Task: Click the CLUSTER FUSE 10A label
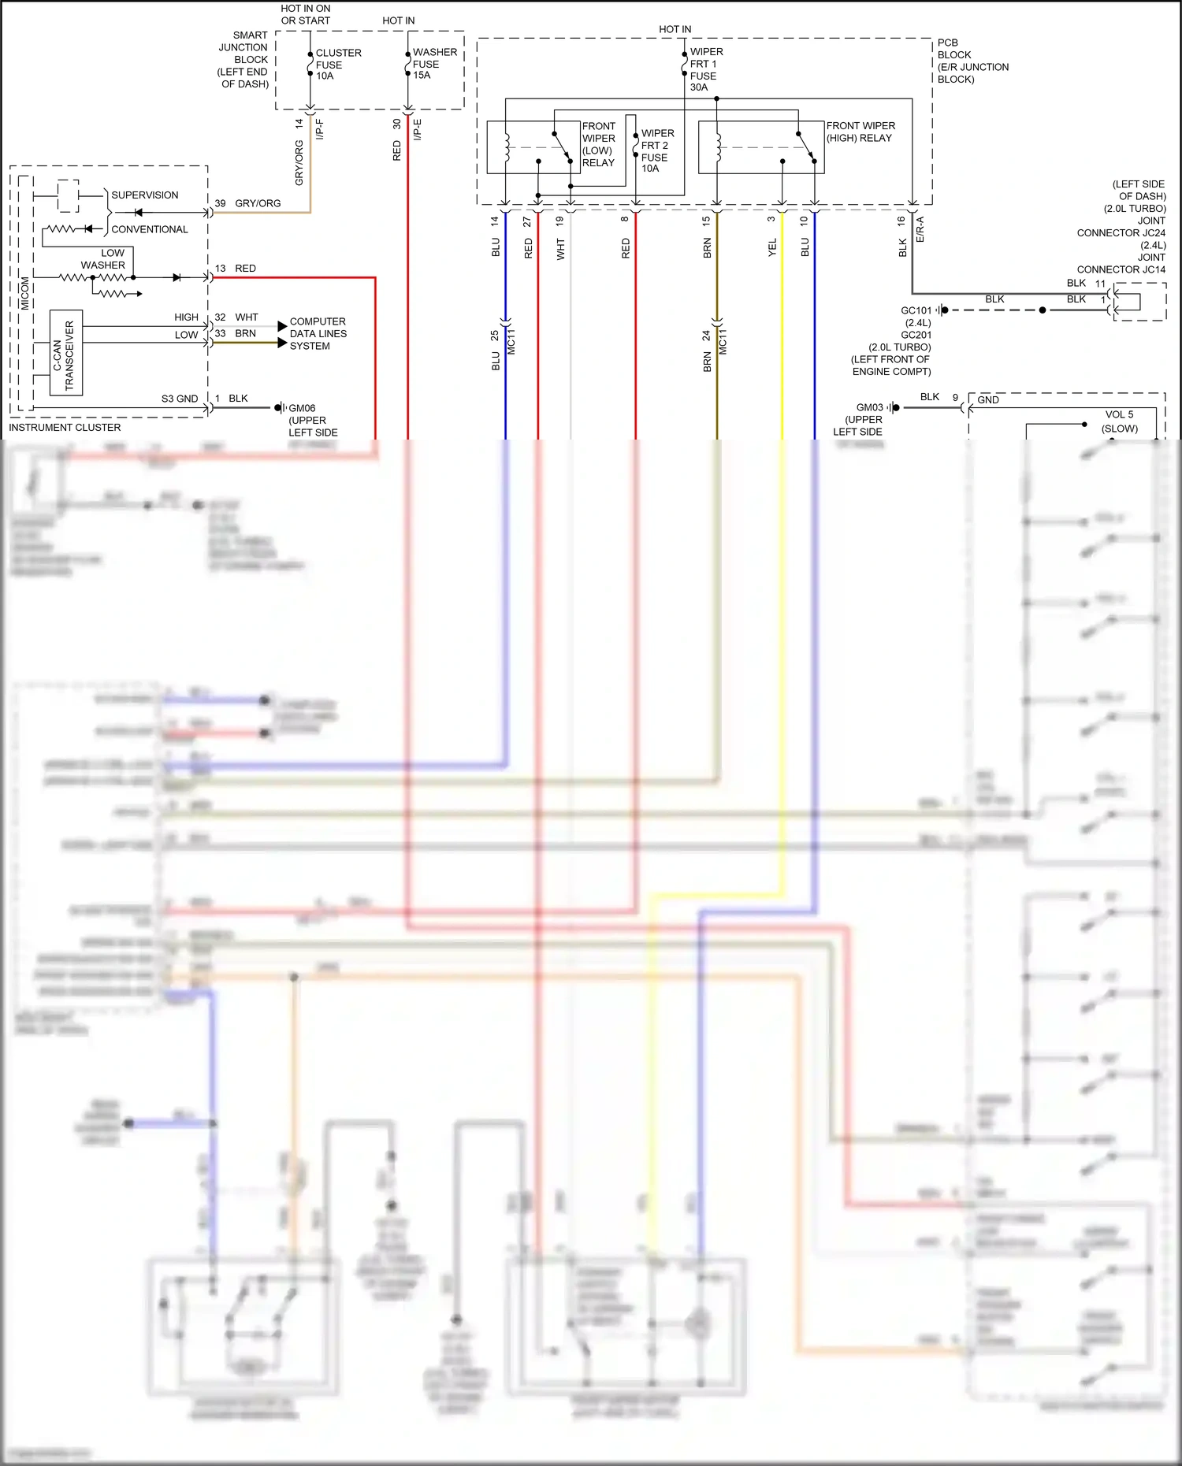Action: click(x=337, y=65)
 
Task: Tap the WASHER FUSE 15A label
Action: click(x=434, y=64)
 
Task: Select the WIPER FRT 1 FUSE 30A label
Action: click(x=705, y=69)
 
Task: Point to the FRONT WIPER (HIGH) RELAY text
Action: click(x=860, y=132)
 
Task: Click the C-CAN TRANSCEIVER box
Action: click(x=66, y=352)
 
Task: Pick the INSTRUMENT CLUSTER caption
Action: click(x=65, y=427)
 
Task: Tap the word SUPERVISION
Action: click(x=144, y=195)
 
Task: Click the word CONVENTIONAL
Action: click(x=150, y=229)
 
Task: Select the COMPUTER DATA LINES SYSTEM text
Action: click(x=318, y=333)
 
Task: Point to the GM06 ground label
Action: click(x=302, y=408)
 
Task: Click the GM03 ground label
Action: click(x=869, y=407)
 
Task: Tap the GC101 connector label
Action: click(x=916, y=310)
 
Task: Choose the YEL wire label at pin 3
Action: click(x=772, y=247)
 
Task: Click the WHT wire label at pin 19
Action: click(x=560, y=250)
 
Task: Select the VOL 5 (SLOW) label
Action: click(x=1119, y=421)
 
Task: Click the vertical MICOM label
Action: click(x=25, y=292)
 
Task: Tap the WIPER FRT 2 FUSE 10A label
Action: click(x=656, y=150)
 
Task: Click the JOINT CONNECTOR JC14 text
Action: click(x=1121, y=263)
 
